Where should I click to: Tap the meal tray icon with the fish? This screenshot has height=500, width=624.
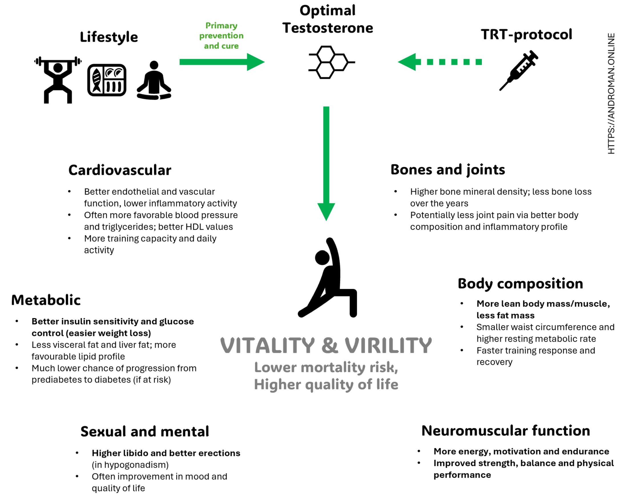tap(107, 80)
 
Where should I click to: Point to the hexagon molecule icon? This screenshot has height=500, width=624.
tap(331, 62)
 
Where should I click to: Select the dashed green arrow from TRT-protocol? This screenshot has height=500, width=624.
tap(440, 62)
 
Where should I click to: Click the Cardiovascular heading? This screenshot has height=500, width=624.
tap(120, 170)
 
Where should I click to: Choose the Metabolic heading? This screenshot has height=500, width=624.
tap(46, 300)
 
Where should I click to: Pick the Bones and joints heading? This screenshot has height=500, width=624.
tap(448, 170)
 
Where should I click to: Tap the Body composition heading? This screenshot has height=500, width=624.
tap(520, 284)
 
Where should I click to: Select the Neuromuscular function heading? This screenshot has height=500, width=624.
tap(506, 431)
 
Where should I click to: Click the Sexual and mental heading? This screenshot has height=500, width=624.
tap(145, 431)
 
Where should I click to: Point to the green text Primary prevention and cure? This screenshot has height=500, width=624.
tap(222, 36)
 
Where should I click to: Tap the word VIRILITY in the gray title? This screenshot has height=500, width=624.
tap(389, 345)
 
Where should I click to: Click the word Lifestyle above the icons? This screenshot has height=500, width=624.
tap(109, 37)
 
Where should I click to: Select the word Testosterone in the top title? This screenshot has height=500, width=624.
tap(328, 28)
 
